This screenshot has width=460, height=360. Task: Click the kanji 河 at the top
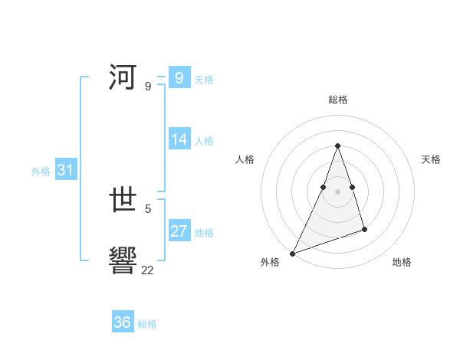coord(123,77)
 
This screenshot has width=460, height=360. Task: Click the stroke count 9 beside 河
coord(148,87)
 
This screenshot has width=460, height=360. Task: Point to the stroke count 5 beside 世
coord(148,208)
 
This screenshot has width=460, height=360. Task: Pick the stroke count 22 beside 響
coord(148,270)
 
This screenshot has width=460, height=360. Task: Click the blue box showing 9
coord(179,77)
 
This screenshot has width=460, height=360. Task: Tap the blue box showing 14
coord(179,139)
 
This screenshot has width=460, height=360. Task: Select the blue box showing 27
coord(179,231)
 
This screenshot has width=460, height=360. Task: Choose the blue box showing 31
coord(65,171)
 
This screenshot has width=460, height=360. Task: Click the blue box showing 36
coord(122,322)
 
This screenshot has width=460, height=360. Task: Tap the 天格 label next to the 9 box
coord(204,79)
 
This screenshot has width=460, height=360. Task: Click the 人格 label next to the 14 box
coord(204,141)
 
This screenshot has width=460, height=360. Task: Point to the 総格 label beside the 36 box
coord(147,324)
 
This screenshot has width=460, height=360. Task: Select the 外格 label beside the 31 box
coord(41,172)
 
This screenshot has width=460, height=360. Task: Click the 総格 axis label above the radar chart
coord(337,100)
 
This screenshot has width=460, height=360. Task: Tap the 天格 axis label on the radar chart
coord(432,159)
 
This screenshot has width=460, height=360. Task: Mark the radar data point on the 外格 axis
coord(292,254)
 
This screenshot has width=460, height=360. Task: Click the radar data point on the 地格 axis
coord(364,229)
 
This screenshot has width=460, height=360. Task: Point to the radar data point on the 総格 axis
coord(337,146)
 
